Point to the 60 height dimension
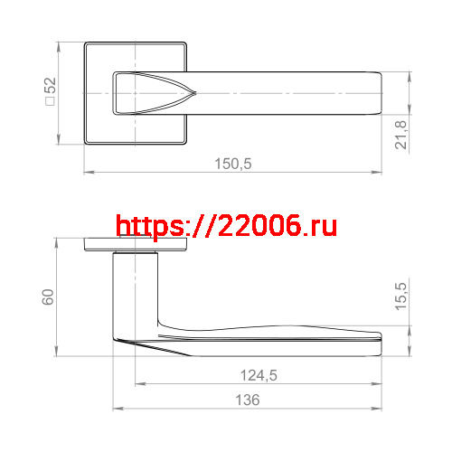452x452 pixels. click(x=50, y=297)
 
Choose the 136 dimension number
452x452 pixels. click(x=247, y=400)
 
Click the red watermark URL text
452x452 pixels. click(x=227, y=226)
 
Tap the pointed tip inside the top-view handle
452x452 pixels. click(x=193, y=93)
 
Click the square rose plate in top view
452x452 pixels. click(x=99, y=127)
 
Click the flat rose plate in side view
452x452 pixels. click(x=136, y=244)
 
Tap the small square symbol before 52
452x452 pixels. click(x=51, y=103)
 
